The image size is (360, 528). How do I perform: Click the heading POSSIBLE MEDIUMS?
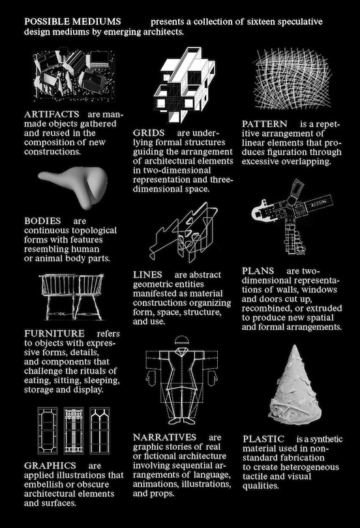pyautogui.click(x=72, y=22)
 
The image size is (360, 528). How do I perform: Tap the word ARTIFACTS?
pyautogui.click(x=52, y=115)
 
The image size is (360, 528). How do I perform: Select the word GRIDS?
pyautogui.click(x=149, y=133)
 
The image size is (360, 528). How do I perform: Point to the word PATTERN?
pyautogui.click(x=264, y=124)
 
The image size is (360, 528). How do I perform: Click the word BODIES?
pyautogui.click(x=42, y=221)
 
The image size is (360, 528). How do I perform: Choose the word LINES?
pyautogui.click(x=147, y=275)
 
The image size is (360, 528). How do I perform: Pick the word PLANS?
pyautogui.click(x=258, y=271)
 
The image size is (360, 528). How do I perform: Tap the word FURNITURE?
pyautogui.click(x=54, y=334)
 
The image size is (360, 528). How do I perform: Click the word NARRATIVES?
pyautogui.click(x=165, y=437)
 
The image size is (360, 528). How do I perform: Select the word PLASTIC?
pyautogui.click(x=263, y=439)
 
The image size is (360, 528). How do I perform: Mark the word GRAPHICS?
pyautogui.click(x=50, y=465)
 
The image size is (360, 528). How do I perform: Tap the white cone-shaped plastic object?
pyautogui.click(x=294, y=385)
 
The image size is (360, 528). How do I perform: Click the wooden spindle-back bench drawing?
pyautogui.click(x=72, y=297)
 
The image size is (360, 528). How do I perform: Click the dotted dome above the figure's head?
pyautogui.click(x=182, y=340)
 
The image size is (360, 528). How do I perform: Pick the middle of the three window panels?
pyautogui.click(x=74, y=430)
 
